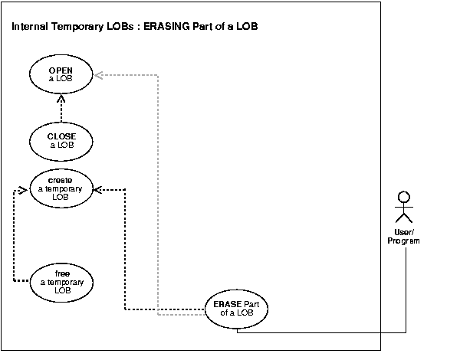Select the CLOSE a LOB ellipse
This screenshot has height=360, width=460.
pyautogui.click(x=61, y=141)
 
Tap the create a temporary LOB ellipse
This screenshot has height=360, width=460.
pyautogui.click(x=61, y=188)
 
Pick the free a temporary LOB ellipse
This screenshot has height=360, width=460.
pyautogui.click(x=62, y=281)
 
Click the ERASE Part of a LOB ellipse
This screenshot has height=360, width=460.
pyautogui.click(x=237, y=308)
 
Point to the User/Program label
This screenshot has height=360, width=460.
pyautogui.click(x=403, y=237)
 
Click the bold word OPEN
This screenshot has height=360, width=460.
pyautogui.click(x=61, y=70)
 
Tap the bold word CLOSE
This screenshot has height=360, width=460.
pyautogui.click(x=61, y=137)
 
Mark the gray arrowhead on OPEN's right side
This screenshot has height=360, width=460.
pyautogui.click(x=98, y=74)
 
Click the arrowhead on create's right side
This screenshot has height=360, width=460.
pyautogui.click(x=98, y=188)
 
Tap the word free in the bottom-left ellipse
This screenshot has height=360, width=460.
pyautogui.click(x=62, y=273)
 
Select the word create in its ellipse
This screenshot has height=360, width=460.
pyautogui.click(x=61, y=180)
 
